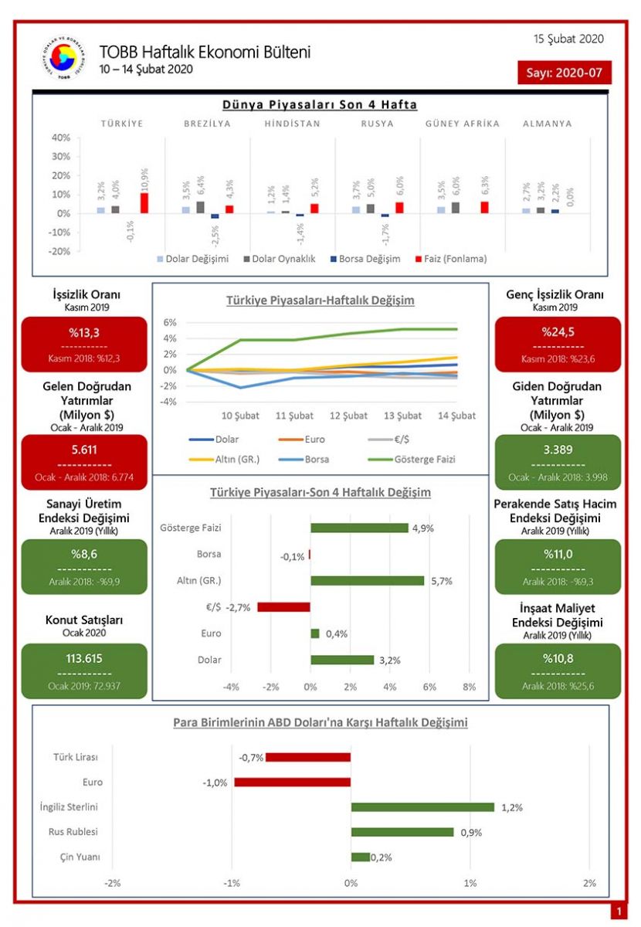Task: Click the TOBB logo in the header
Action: click(63, 58)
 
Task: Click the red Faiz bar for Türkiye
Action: click(144, 202)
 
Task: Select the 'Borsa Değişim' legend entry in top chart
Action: click(365, 259)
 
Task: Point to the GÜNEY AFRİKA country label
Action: click(462, 124)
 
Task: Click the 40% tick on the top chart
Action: click(60, 138)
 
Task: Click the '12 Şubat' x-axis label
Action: click(349, 416)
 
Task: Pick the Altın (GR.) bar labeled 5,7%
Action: click(367, 580)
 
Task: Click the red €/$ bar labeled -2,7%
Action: click(283, 607)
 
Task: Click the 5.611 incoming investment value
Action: click(83, 450)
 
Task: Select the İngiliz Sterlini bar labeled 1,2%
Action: click(422, 807)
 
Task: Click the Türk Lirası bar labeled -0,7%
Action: click(308, 757)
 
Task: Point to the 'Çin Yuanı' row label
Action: click(80, 857)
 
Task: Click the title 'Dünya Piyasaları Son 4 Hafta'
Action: click(320, 104)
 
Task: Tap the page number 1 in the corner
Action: click(618, 912)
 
